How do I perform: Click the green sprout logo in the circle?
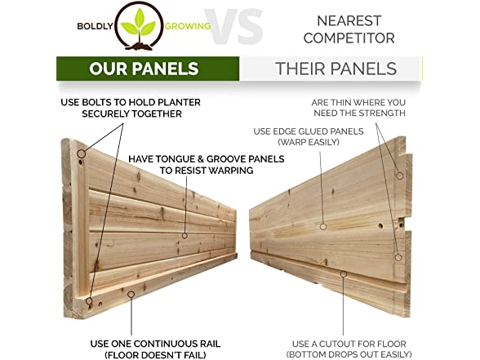click(x=139, y=26)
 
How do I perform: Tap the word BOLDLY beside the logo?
click(x=95, y=26)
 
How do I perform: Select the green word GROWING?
click(x=188, y=26)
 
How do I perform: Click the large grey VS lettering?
click(x=233, y=27)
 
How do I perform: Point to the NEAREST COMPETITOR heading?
click(x=349, y=29)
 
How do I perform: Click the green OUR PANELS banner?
click(x=148, y=69)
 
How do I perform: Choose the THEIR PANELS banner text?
click(x=336, y=69)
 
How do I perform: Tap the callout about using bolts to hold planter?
click(x=131, y=108)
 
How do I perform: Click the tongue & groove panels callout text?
click(x=207, y=164)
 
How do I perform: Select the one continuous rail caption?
click(x=155, y=349)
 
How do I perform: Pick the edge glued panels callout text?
click(x=309, y=136)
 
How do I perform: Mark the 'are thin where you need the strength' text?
click(x=358, y=108)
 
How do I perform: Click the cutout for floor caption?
click(x=349, y=349)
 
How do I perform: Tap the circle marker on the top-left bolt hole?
click(x=81, y=153)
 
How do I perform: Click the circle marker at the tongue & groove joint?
click(x=184, y=235)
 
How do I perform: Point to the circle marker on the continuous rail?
click(x=131, y=295)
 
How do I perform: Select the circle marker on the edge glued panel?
click(x=323, y=227)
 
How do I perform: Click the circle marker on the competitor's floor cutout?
click(x=344, y=274)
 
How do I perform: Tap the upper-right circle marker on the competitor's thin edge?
click(x=400, y=176)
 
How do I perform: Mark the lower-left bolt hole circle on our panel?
click(x=89, y=301)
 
